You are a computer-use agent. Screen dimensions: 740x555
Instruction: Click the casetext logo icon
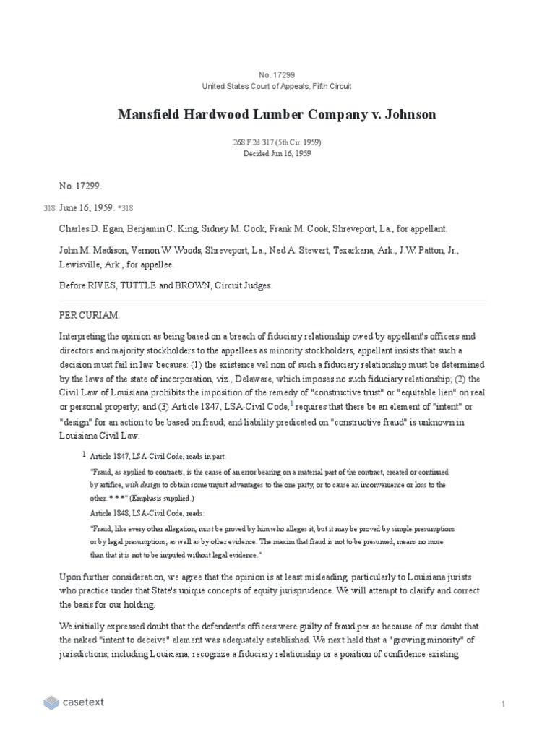51,702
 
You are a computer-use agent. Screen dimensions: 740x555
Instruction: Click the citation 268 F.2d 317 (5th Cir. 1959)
277,142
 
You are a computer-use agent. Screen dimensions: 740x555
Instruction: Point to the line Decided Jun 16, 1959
277,153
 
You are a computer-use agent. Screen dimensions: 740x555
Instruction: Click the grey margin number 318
49,208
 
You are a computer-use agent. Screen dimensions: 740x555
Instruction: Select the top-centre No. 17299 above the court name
277,75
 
